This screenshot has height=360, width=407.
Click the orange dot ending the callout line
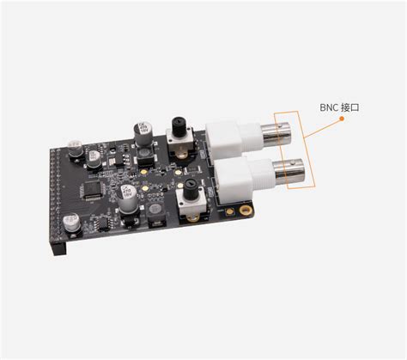[342, 119]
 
